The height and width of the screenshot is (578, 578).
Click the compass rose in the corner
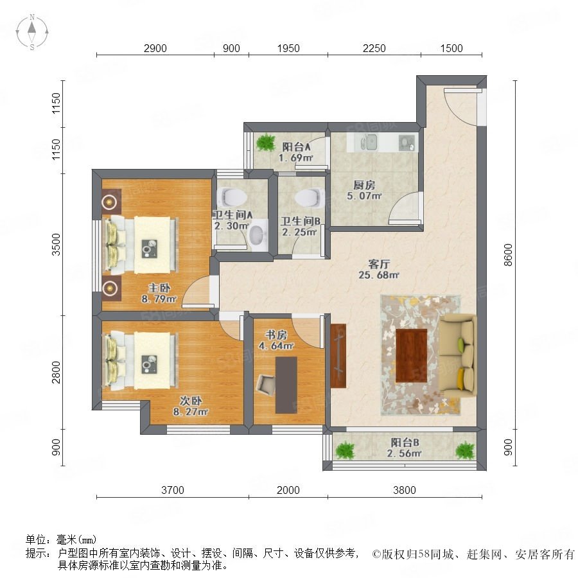[32, 32]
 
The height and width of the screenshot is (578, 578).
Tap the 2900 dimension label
[155, 48]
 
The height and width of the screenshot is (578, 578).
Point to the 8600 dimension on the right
[509, 255]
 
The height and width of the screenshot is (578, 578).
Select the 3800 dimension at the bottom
[405, 490]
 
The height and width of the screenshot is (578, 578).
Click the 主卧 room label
[159, 288]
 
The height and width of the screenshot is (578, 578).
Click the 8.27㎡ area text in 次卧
[191, 412]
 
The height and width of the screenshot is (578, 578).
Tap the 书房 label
[276, 335]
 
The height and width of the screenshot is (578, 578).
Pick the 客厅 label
[379, 264]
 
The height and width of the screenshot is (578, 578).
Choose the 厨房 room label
[364, 185]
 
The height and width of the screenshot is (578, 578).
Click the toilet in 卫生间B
[309, 198]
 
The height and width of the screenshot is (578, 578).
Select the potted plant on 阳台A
[265, 142]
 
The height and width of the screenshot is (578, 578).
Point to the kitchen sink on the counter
[369, 143]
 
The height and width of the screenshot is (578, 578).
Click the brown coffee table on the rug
[412, 356]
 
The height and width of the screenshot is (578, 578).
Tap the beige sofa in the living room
[457, 356]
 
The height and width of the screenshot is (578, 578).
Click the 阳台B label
[405, 442]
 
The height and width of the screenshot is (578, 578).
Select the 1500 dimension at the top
[451, 48]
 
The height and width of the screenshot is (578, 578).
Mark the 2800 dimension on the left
[56, 372]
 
